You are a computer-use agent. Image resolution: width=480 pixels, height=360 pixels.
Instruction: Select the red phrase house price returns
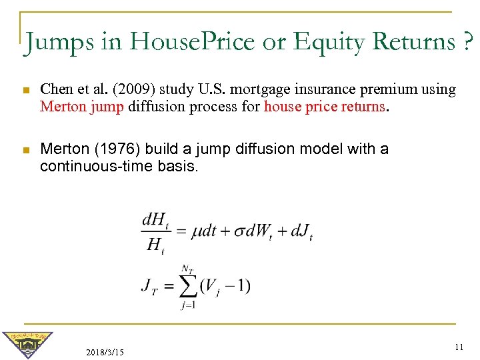(x=325, y=105)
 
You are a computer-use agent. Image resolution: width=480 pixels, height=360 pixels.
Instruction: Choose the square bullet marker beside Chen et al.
(x=25, y=89)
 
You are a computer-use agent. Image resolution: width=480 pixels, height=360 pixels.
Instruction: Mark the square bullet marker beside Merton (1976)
(x=25, y=149)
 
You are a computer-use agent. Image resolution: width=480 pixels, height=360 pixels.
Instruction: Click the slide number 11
(x=458, y=347)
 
